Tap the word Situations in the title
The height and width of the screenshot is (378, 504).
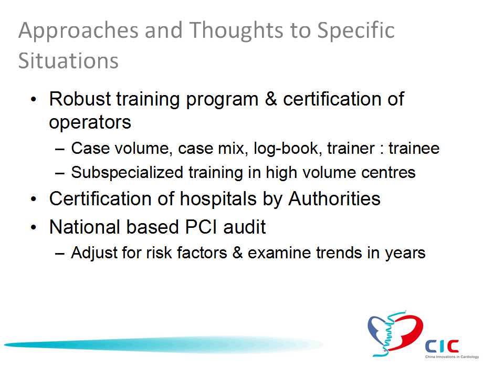tap(68, 60)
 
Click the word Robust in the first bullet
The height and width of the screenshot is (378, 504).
tap(80, 99)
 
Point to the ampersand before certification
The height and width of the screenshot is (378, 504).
tap(271, 99)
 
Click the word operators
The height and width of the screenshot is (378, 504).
tap(90, 122)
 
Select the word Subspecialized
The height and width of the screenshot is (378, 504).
tap(127, 173)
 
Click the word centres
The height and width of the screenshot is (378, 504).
tap(388, 173)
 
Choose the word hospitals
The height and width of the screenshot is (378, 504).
tap(218, 199)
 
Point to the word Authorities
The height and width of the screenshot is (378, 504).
tap(334, 198)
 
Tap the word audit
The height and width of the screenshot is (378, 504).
tap(245, 227)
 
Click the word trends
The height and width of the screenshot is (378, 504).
tap(339, 253)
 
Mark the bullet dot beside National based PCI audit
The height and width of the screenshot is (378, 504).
tap(34, 227)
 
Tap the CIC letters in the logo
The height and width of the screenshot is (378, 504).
tap(442, 346)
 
